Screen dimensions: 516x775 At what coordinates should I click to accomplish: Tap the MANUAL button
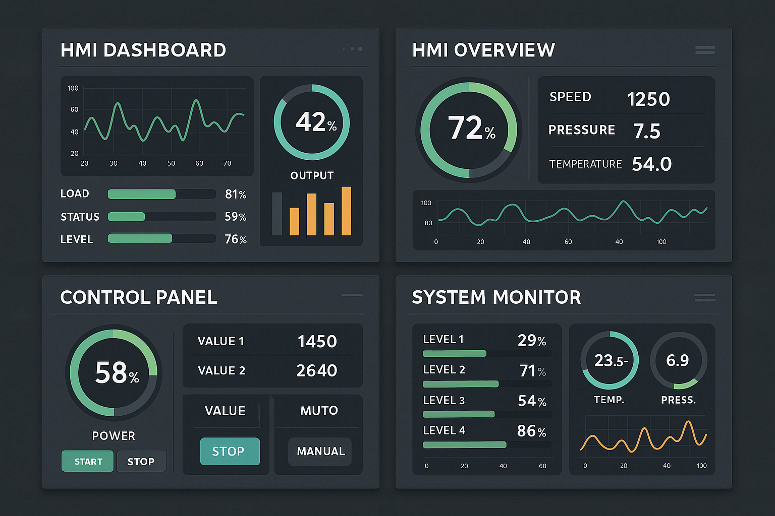320,451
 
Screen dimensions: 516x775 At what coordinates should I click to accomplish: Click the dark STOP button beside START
141,461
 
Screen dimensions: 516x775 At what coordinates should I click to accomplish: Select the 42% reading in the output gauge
315,122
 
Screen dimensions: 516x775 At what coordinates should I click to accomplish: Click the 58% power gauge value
117,373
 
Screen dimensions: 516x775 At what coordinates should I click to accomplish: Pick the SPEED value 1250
648,99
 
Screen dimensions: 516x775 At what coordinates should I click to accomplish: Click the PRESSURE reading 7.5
646,131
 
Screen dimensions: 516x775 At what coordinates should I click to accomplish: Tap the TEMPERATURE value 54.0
651,164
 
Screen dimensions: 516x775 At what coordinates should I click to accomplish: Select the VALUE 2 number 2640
316,370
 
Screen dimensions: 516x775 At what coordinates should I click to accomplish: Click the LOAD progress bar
161,194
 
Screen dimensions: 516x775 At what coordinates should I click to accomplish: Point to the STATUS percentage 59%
235,217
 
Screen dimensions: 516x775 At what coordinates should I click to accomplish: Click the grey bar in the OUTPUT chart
277,214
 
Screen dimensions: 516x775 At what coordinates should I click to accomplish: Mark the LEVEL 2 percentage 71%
533,371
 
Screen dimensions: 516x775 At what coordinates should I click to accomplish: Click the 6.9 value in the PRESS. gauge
677,360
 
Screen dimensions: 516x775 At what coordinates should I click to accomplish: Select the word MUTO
319,411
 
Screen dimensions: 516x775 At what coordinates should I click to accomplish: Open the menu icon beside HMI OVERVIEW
705,50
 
